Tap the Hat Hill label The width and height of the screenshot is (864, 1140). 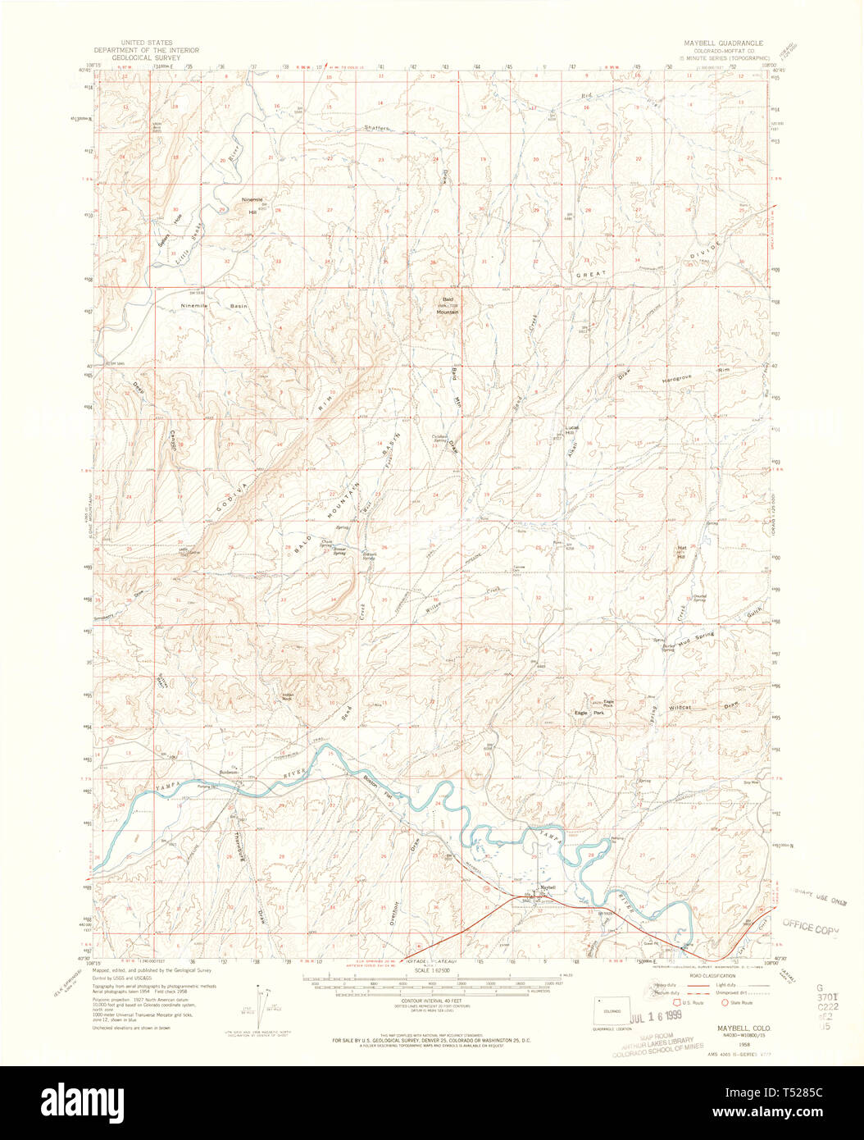pos(681,550)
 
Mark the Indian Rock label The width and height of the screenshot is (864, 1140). pos(288,697)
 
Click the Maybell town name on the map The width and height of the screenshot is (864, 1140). pos(547,887)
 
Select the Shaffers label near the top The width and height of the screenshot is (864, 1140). pos(377,128)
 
